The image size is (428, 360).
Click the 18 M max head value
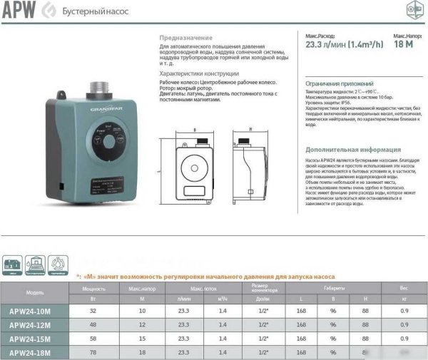(x=404, y=44)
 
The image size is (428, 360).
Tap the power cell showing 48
(x=94, y=324)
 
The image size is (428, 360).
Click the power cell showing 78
(x=94, y=351)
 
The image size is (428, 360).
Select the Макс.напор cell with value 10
(x=142, y=311)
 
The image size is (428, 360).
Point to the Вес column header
(x=404, y=287)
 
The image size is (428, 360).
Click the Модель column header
(x=34, y=292)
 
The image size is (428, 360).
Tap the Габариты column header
(x=332, y=287)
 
